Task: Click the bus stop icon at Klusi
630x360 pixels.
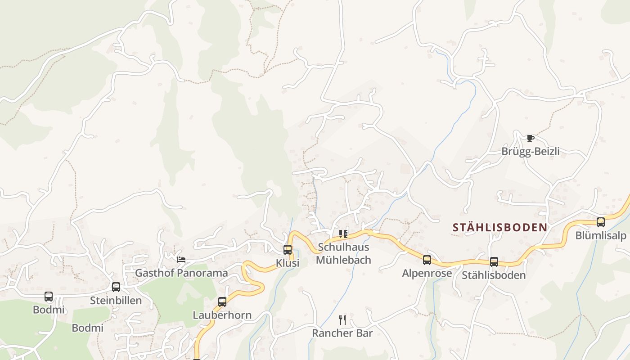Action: click(x=288, y=249)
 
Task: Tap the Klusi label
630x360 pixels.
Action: click(x=288, y=263)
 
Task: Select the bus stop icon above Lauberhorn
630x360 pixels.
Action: click(x=222, y=301)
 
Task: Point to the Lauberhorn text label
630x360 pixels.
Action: click(x=222, y=315)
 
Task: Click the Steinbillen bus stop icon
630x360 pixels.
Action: click(x=116, y=287)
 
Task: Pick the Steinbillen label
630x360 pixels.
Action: click(x=116, y=300)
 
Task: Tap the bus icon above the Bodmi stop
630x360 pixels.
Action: click(x=49, y=296)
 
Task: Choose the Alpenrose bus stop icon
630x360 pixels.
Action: click(x=427, y=260)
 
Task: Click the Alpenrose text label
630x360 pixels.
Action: click(x=427, y=273)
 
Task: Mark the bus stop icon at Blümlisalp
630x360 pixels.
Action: click(x=601, y=222)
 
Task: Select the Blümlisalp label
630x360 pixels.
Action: click(x=601, y=236)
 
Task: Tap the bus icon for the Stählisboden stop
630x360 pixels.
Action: click(x=494, y=261)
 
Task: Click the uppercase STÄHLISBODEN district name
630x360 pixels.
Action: click(x=500, y=227)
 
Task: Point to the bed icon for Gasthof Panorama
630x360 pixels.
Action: click(x=181, y=259)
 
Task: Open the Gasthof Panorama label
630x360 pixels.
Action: click(x=181, y=273)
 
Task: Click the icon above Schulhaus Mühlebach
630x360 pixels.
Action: click(x=343, y=234)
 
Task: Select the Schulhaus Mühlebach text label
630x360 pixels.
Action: click(x=343, y=253)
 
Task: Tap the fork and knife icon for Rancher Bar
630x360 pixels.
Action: click(x=342, y=319)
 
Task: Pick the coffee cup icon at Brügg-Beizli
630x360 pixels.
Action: click(x=531, y=138)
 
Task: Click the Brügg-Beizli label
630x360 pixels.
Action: click(x=531, y=151)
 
